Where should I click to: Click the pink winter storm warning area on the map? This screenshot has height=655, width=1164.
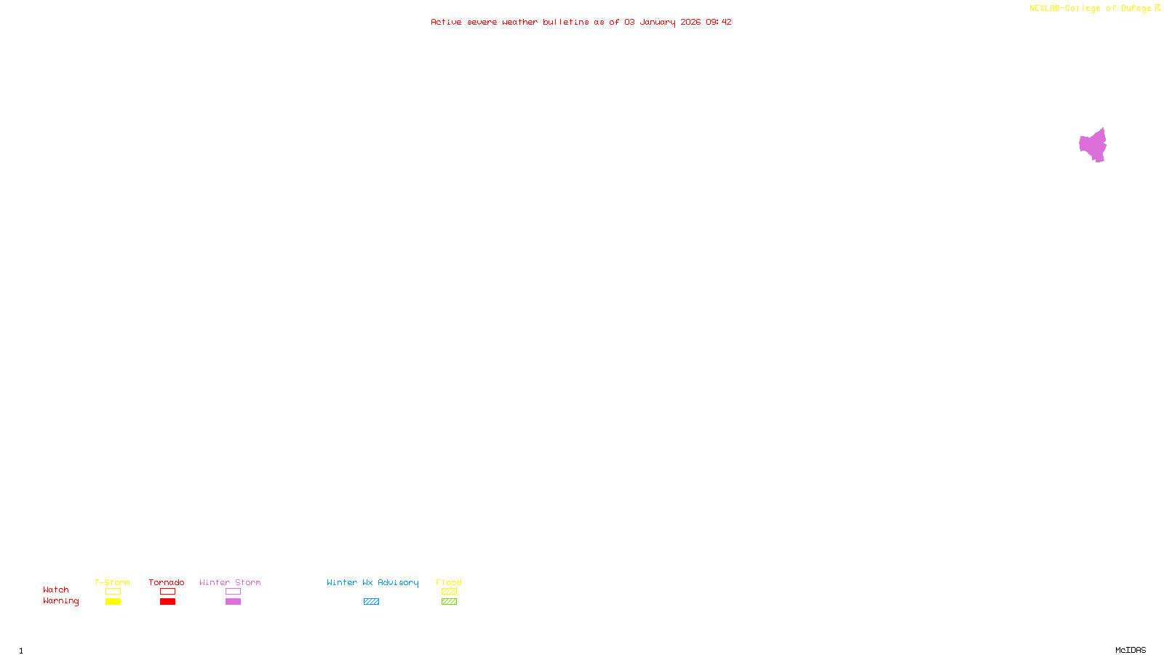pyautogui.click(x=1093, y=146)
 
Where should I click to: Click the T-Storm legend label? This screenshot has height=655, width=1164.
pyautogui.click(x=112, y=582)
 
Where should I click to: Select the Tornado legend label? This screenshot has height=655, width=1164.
pyautogui.click(x=167, y=582)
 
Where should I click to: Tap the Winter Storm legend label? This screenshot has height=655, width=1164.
pyautogui.click(x=230, y=582)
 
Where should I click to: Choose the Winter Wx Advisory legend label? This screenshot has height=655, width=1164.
pyautogui.click(x=372, y=582)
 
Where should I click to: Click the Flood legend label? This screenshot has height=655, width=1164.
pyautogui.click(x=449, y=582)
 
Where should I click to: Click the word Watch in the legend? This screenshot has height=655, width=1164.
pyautogui.click(x=56, y=589)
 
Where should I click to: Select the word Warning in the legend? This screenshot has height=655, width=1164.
pyautogui.click(x=61, y=601)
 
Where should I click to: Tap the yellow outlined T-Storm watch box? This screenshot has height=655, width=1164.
pyautogui.click(x=113, y=592)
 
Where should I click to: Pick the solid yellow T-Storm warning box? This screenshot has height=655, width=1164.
pyautogui.click(x=113, y=602)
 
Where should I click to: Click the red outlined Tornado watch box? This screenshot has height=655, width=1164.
pyautogui.click(x=167, y=592)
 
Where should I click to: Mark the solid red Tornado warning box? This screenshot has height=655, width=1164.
pyautogui.click(x=167, y=602)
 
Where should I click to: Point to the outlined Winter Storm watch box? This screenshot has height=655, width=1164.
pyautogui.click(x=233, y=592)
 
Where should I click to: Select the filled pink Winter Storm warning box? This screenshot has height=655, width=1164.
pyautogui.click(x=233, y=602)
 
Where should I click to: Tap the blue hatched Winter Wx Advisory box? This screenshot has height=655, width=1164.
pyautogui.click(x=371, y=602)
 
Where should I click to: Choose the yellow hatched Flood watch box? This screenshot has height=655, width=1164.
pyautogui.click(x=449, y=592)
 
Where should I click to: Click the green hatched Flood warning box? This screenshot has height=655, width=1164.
pyautogui.click(x=449, y=602)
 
